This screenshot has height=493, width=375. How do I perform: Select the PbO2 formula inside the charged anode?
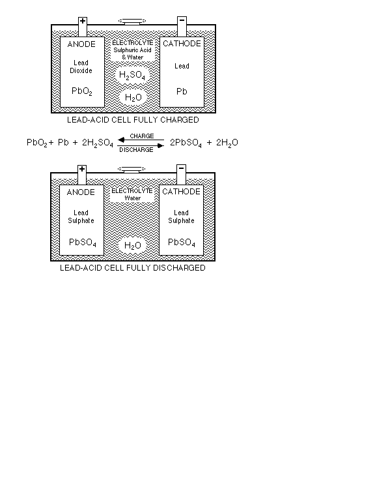(82, 91)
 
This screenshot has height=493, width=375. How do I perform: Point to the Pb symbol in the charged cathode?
(182, 91)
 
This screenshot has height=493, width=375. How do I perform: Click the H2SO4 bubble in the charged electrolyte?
(132, 76)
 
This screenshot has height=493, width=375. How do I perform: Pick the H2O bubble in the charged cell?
(133, 97)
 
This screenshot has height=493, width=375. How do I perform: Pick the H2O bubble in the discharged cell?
(132, 246)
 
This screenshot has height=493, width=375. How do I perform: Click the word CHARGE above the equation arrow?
(142, 136)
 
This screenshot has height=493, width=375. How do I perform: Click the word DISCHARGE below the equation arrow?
(136, 150)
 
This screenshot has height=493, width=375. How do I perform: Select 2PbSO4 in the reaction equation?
(186, 143)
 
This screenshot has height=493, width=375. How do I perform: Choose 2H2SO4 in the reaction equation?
(98, 143)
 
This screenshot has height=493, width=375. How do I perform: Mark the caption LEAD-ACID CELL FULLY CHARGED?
(133, 120)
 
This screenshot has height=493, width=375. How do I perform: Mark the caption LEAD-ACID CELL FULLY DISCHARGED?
(133, 268)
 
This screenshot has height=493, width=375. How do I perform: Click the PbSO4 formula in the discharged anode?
(83, 243)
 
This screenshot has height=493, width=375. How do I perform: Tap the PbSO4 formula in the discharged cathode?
(182, 243)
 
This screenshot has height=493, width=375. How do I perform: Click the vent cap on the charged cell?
(132, 22)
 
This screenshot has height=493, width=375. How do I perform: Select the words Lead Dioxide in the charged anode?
(81, 67)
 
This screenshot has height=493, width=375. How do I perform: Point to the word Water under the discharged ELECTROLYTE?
(132, 198)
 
